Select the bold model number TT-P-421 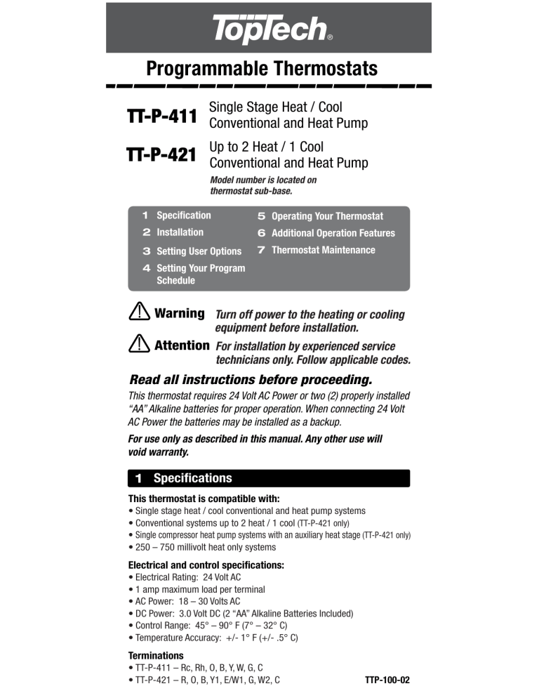[161, 154]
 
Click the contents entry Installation [180, 232]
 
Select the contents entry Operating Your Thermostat [327, 216]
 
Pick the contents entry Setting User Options [199, 251]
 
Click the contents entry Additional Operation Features [333, 233]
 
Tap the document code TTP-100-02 [387, 680]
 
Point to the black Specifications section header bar [269, 478]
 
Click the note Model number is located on [263, 180]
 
